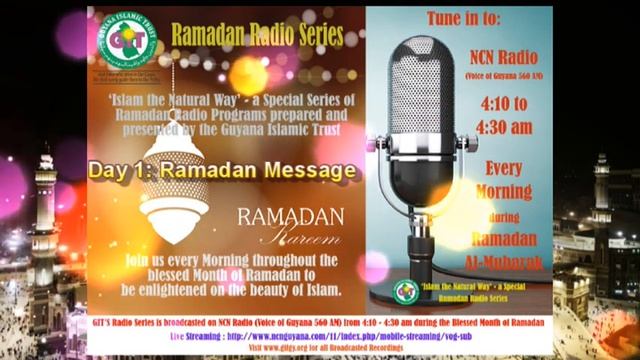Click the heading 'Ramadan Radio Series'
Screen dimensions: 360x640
(257, 36)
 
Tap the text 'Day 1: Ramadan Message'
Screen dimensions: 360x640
(222, 170)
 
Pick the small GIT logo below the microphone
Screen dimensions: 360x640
(404, 290)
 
